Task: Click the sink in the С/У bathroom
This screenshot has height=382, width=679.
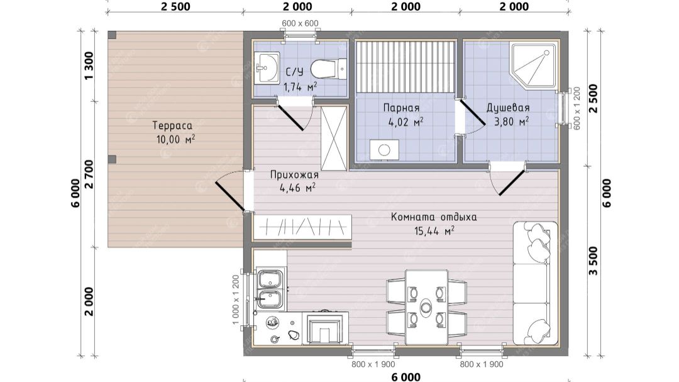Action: click(x=267, y=67)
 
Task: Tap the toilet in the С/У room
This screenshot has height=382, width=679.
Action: click(x=329, y=69)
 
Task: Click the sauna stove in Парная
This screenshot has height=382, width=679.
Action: click(x=384, y=150)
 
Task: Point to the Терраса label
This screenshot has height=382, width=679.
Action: click(x=172, y=126)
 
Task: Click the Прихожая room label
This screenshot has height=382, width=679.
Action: click(x=294, y=175)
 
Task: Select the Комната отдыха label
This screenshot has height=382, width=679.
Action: click(x=434, y=216)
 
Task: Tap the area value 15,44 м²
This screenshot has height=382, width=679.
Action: click(x=434, y=231)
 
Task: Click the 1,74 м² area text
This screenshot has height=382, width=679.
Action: click(x=300, y=87)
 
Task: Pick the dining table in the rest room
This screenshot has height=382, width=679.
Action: click(x=426, y=307)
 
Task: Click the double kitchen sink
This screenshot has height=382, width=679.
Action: click(x=270, y=289)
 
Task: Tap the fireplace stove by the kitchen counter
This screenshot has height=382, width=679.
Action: click(x=328, y=327)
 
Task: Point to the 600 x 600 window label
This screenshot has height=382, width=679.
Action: click(x=300, y=23)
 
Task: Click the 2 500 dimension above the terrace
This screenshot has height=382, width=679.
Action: click(x=175, y=7)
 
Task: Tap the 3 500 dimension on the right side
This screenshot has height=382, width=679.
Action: click(x=593, y=261)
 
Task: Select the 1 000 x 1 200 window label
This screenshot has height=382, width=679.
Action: click(x=236, y=300)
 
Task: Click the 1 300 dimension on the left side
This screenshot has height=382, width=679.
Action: click(x=89, y=65)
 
